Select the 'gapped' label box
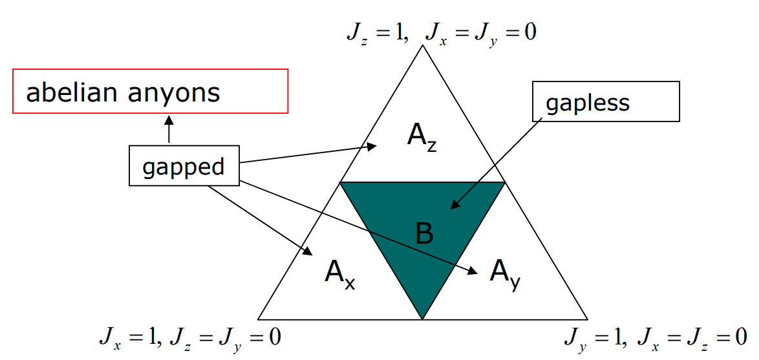point(184,167)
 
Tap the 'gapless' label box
point(605,101)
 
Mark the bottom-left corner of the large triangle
point(259,319)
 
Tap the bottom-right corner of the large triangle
point(587,319)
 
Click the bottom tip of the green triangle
point(422,318)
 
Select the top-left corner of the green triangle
point(341,183)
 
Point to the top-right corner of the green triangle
point(504,183)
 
